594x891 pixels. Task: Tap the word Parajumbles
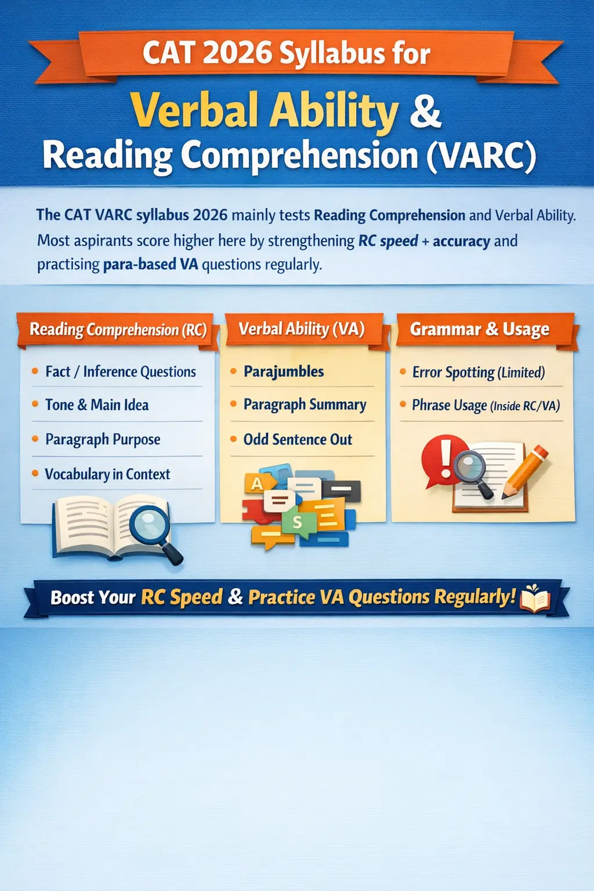(x=284, y=371)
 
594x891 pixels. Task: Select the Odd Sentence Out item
(x=298, y=440)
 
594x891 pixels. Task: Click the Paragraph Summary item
(x=305, y=405)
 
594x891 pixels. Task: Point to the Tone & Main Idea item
(x=97, y=405)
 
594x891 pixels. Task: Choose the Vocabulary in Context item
(x=107, y=475)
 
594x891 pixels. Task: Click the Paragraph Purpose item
(x=103, y=440)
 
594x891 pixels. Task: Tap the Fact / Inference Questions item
(x=121, y=372)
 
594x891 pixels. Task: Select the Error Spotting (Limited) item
(x=479, y=372)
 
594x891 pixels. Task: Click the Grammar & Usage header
(x=479, y=329)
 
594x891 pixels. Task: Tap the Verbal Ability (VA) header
(x=302, y=329)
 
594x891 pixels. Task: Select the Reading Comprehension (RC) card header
(x=118, y=330)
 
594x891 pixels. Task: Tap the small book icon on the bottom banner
(x=535, y=598)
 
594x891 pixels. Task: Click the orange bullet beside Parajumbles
(x=233, y=371)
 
